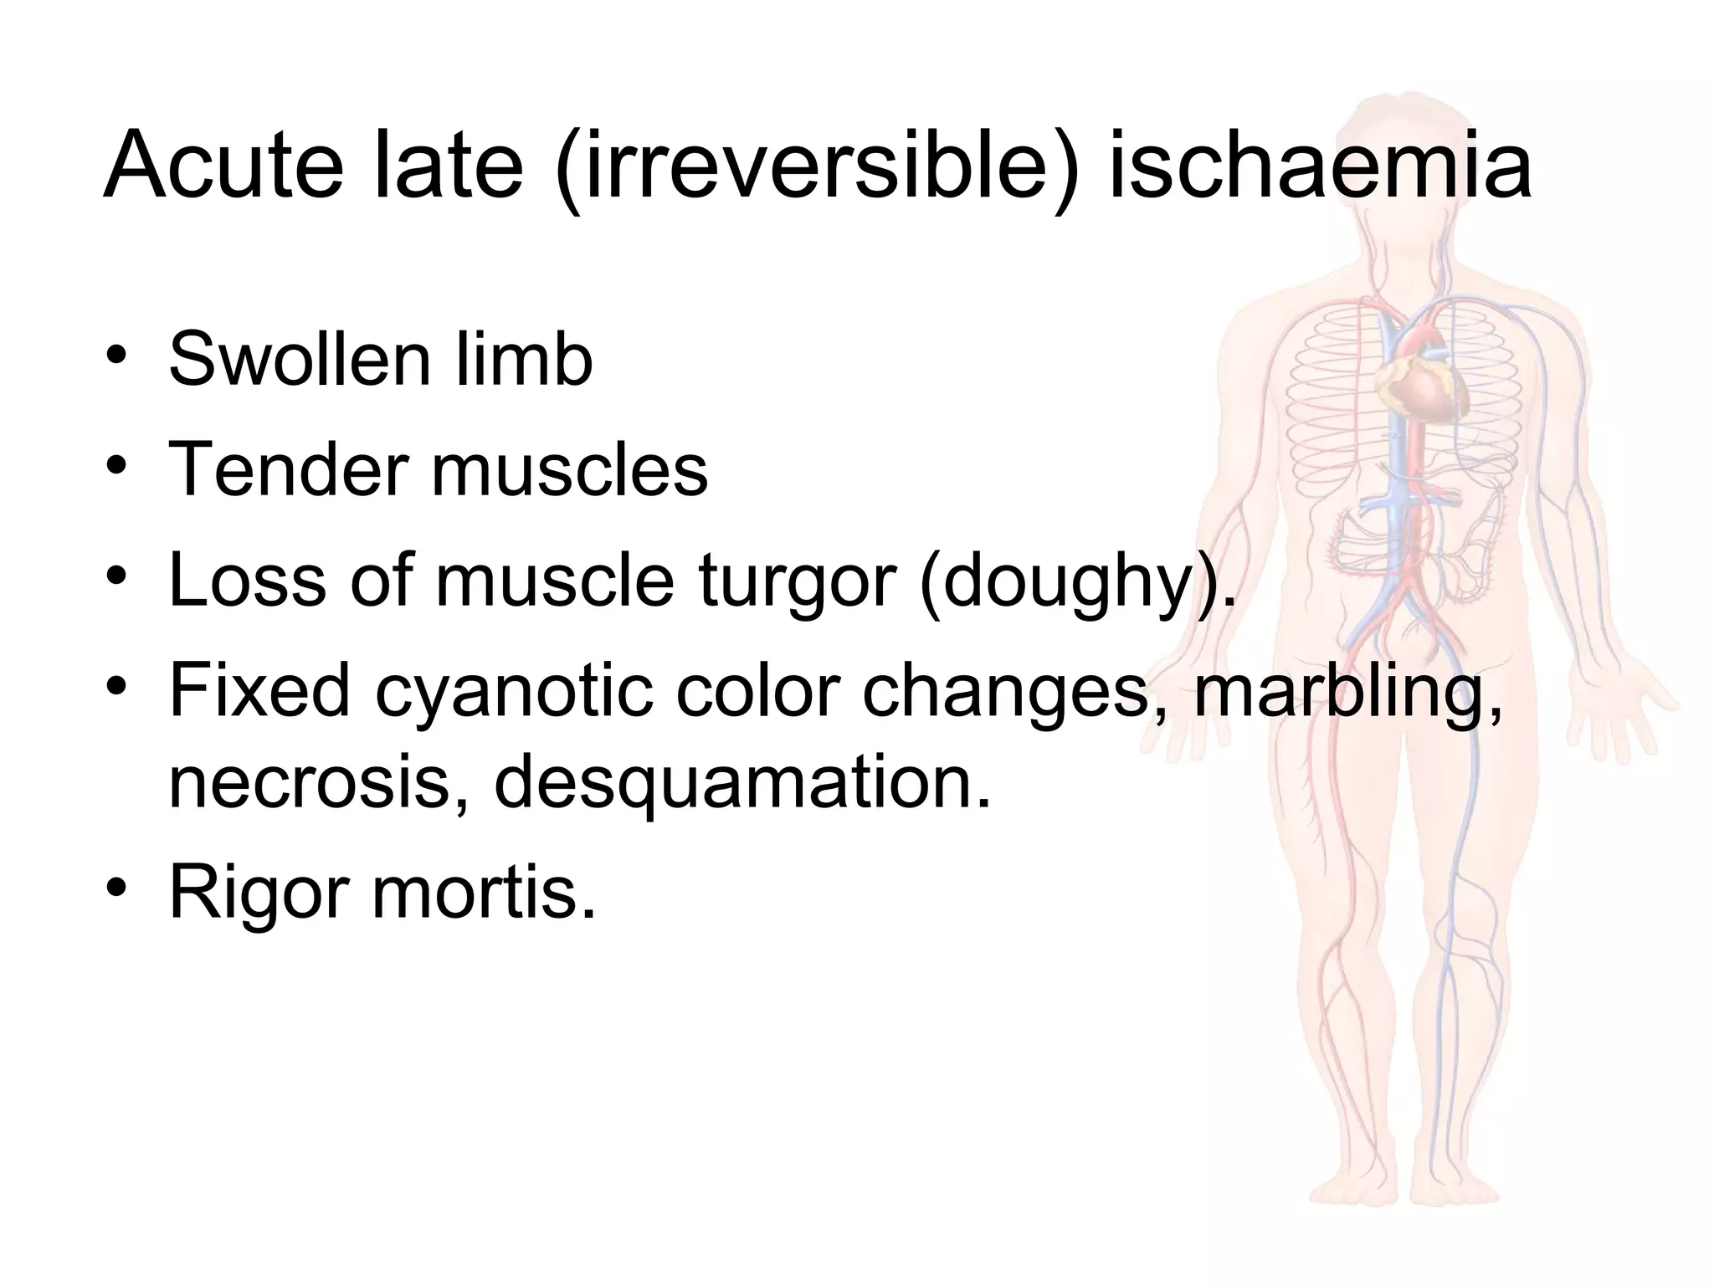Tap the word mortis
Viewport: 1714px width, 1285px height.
click(484, 892)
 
